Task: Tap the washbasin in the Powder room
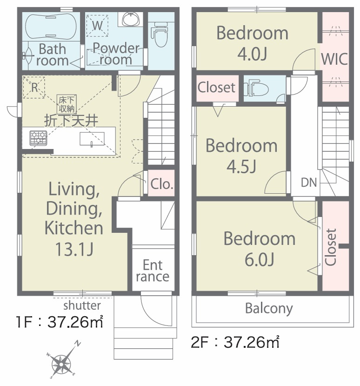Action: (x=131, y=19)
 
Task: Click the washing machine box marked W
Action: (x=97, y=25)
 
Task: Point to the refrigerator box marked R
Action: (x=34, y=88)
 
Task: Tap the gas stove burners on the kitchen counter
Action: (x=38, y=138)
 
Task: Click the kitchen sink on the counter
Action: (x=92, y=139)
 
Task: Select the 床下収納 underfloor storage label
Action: (x=67, y=104)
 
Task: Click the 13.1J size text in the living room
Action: (x=74, y=249)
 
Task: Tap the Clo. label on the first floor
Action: (x=161, y=183)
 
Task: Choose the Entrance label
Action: (x=153, y=271)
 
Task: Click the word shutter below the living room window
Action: (x=82, y=305)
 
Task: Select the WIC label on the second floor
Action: (x=334, y=59)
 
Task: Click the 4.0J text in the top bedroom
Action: (x=252, y=54)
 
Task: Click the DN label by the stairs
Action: (x=309, y=183)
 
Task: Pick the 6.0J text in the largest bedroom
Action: (x=260, y=259)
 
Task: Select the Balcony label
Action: (x=269, y=308)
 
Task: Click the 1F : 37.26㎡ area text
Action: (x=59, y=322)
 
